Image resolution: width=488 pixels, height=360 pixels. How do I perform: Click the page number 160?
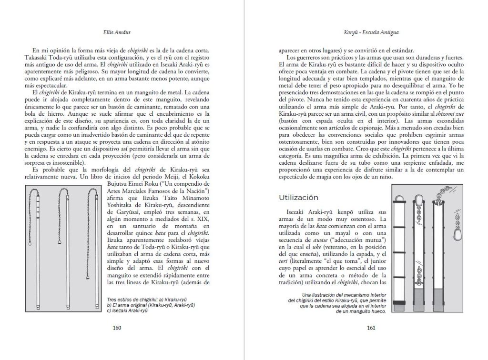tap(117, 328)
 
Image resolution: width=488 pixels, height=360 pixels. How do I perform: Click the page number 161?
tap(371, 328)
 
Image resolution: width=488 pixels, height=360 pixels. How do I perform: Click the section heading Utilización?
tap(298, 197)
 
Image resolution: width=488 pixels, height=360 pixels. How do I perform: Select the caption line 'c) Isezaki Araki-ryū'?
tap(128, 310)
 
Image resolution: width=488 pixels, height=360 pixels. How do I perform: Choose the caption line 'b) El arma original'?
tap(152, 305)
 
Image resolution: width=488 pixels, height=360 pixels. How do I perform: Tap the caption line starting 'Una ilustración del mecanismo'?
tap(338, 296)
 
